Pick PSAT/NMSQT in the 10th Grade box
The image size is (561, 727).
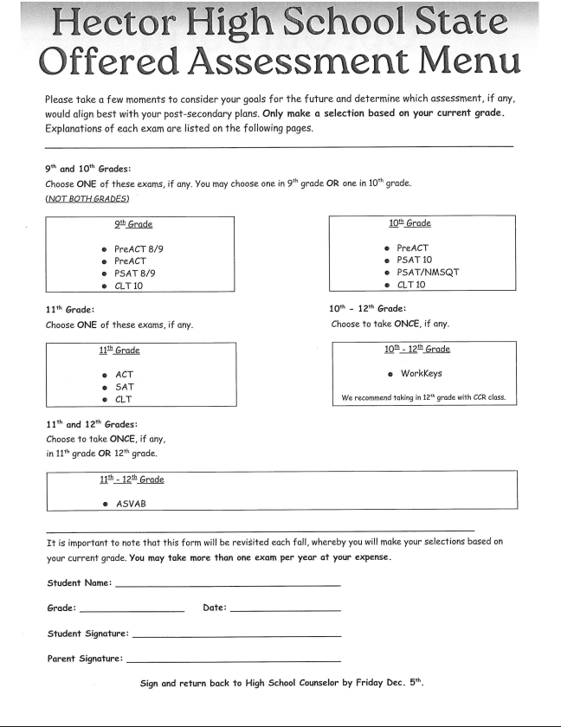(427, 272)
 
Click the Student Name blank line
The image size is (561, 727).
(227, 586)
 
